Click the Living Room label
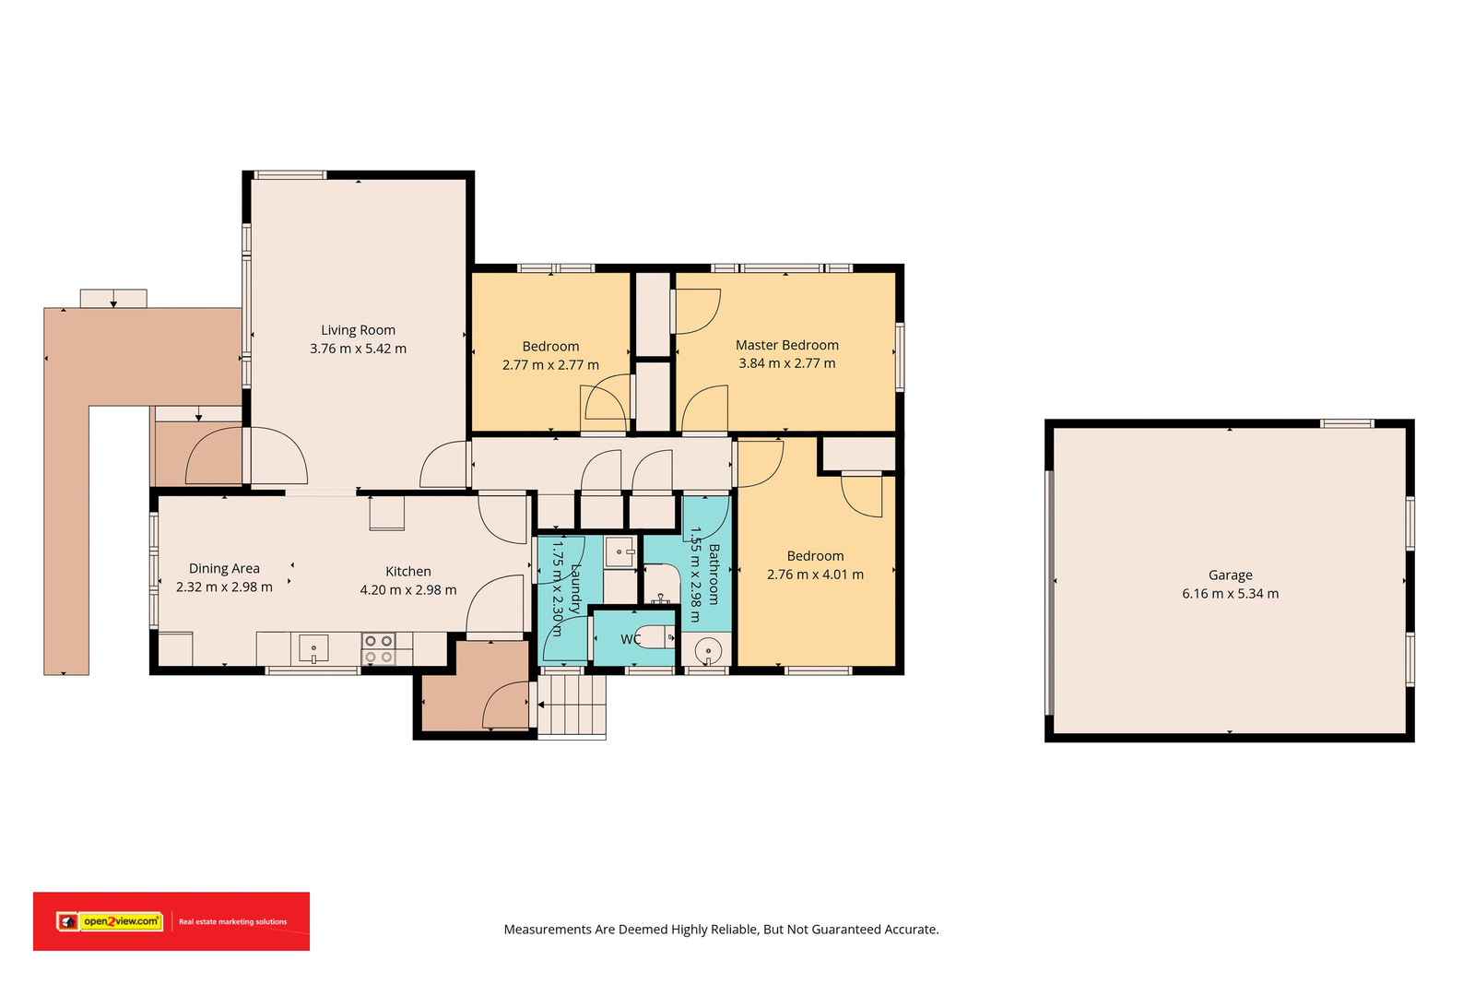click(x=359, y=330)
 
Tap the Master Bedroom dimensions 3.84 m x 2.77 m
click(x=787, y=363)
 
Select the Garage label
click(x=1230, y=575)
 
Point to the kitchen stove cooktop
click(x=379, y=648)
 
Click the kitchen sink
click(x=313, y=648)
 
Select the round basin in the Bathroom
click(x=708, y=652)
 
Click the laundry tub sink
click(x=619, y=551)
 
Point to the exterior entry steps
click(x=572, y=704)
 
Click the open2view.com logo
click(x=110, y=921)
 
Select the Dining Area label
click(x=224, y=568)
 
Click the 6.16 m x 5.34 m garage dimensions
click(x=1230, y=593)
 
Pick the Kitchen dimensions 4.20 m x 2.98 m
click(x=408, y=590)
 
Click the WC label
click(x=631, y=639)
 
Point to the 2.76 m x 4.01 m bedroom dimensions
click(x=815, y=575)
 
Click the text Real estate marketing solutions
click(x=232, y=922)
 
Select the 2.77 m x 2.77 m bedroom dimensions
click(x=550, y=365)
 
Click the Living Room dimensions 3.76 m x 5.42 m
click(x=359, y=349)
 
